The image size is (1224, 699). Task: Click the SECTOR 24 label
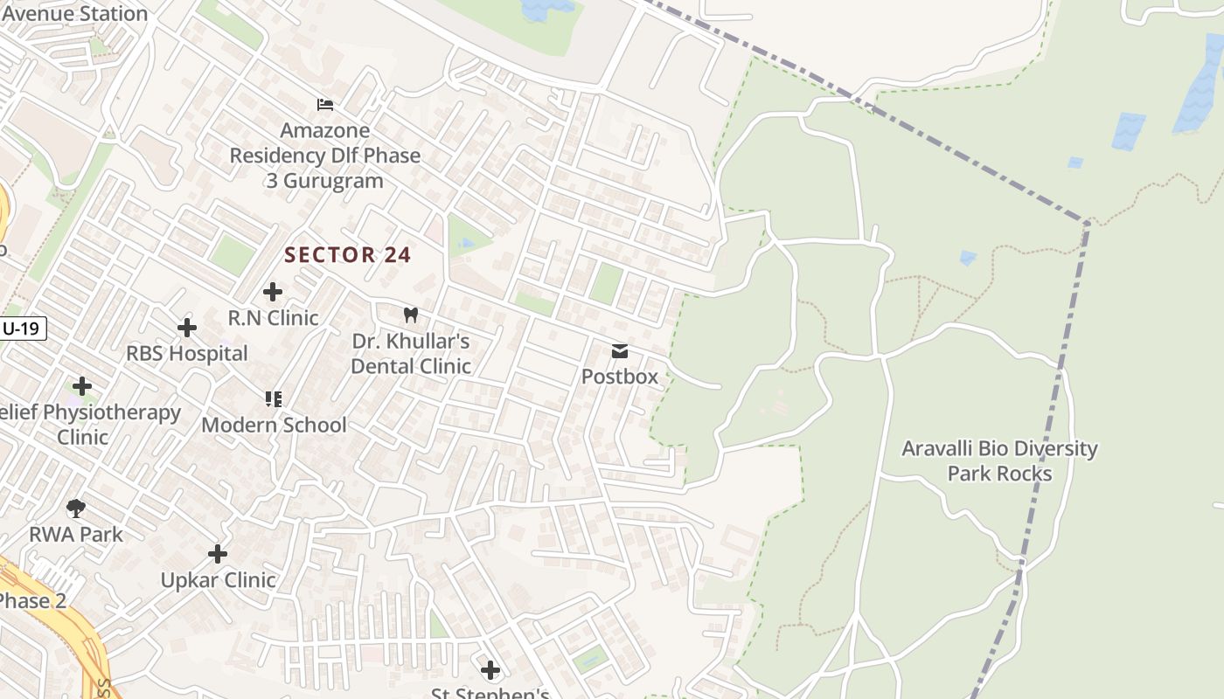pos(348,255)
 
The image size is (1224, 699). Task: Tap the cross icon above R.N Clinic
pos(273,292)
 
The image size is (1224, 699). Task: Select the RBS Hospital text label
pos(187,354)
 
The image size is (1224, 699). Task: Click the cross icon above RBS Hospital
pos(186,328)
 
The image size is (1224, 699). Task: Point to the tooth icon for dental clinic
pos(410,315)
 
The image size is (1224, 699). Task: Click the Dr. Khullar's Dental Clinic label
pos(410,354)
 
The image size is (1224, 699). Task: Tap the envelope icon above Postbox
pos(620,351)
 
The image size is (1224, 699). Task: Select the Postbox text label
pos(620,377)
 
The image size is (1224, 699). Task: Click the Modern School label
pos(274,425)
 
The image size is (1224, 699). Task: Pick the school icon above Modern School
pos(273,399)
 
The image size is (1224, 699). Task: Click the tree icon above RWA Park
pos(76,508)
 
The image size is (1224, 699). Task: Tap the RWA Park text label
pos(76,534)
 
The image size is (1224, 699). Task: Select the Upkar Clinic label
pos(218,580)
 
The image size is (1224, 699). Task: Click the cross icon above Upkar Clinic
pos(218,554)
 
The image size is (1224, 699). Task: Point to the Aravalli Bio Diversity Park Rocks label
pos(999,460)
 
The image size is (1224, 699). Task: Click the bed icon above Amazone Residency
pos(325,105)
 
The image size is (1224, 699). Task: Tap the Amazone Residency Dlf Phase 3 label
pos(325,156)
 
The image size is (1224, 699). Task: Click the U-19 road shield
pos(22,329)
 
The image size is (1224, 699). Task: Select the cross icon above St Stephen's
pos(490,670)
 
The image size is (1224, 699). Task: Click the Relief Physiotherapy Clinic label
pos(87,424)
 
